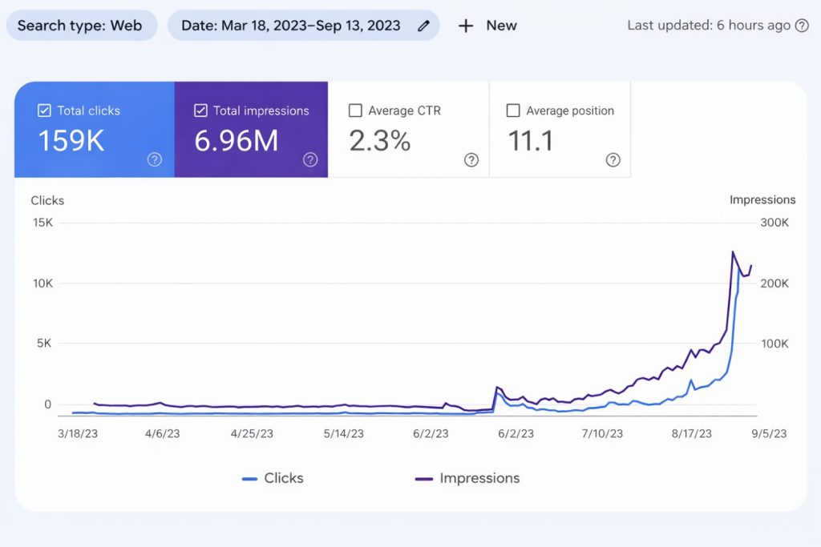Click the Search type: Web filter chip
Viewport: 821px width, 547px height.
click(80, 26)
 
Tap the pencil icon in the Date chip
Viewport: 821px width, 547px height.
click(423, 26)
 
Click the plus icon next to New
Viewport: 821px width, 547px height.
click(466, 26)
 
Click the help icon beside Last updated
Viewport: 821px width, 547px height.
click(801, 26)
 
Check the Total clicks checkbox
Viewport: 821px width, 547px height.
click(45, 111)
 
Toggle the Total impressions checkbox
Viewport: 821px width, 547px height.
click(200, 111)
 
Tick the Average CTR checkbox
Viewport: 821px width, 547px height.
click(355, 111)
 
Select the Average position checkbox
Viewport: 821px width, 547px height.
click(513, 111)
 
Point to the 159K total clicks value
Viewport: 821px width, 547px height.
click(71, 141)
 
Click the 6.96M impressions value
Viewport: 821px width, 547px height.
click(237, 141)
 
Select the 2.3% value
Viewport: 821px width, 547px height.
click(380, 141)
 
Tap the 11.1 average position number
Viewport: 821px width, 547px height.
click(531, 141)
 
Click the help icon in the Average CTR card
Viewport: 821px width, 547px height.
click(471, 160)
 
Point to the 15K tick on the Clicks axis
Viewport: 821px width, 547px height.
click(42, 223)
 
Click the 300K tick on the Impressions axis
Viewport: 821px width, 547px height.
click(774, 223)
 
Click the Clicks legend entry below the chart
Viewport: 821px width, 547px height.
click(273, 478)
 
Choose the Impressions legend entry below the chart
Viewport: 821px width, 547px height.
click(467, 478)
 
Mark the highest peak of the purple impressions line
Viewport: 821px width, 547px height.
click(733, 251)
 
